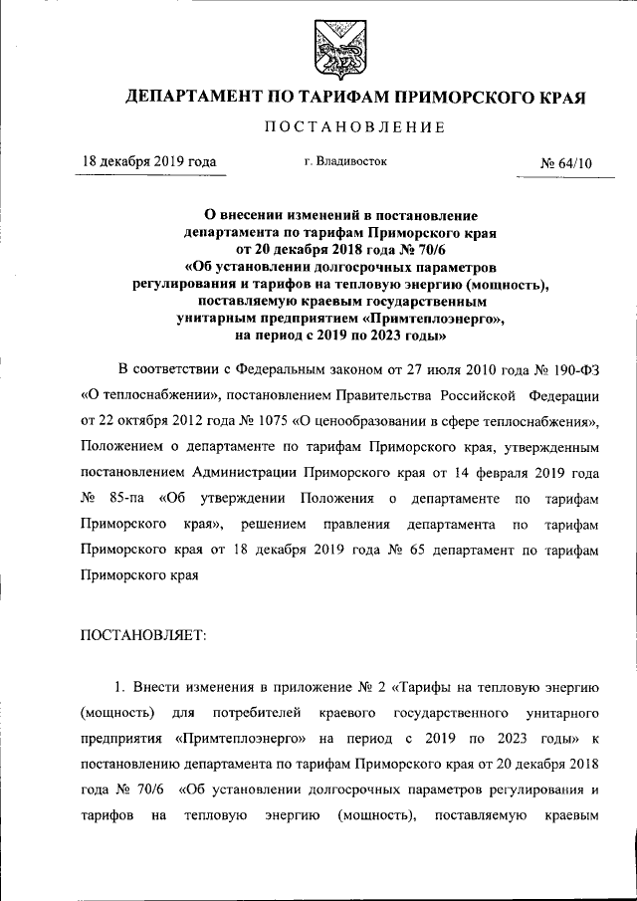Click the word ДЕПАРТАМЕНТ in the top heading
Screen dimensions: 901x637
pyautogui.click(x=191, y=98)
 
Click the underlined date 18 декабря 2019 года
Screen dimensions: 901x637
pyautogui.click(x=148, y=161)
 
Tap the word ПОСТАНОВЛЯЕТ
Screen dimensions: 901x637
pyautogui.click(x=140, y=636)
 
